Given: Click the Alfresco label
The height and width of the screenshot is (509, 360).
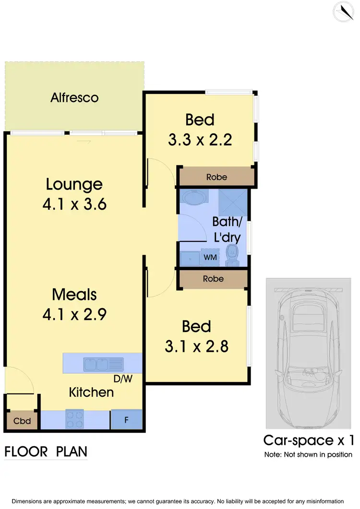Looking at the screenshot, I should [x=74, y=98].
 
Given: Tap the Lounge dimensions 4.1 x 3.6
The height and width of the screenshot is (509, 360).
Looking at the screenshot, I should [x=74, y=204].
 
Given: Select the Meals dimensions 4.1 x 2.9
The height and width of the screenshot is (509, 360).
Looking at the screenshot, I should [x=74, y=314].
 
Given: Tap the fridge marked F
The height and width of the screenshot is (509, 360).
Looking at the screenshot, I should [x=127, y=420].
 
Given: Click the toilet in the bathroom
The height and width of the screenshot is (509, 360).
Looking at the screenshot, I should [x=232, y=254].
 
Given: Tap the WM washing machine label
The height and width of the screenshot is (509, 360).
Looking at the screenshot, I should [x=210, y=258].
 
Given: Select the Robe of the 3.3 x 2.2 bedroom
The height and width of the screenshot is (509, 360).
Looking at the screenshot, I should [x=216, y=177].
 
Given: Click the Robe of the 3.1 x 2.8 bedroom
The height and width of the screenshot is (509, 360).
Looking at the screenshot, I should [x=213, y=279].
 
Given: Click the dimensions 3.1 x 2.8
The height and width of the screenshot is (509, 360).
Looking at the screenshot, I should [x=196, y=346].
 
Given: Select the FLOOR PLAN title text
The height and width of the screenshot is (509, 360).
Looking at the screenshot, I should [x=46, y=451].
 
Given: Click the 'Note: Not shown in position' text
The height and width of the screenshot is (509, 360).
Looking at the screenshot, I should [x=308, y=454].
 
